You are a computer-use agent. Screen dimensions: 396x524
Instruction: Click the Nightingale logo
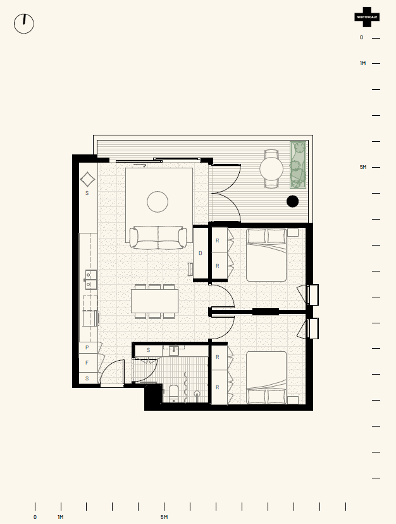pyautogui.click(x=367, y=17)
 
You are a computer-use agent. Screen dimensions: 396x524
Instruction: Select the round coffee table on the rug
pyautogui.click(x=158, y=201)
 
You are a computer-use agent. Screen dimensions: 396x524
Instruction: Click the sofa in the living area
pyautogui.click(x=158, y=237)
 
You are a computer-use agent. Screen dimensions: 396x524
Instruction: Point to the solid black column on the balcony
pyautogui.click(x=292, y=201)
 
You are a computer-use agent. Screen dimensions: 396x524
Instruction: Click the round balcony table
pyautogui.click(x=271, y=169)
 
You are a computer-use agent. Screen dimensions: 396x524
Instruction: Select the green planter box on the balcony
pyautogui.click(x=298, y=165)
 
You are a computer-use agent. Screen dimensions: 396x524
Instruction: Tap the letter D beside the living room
pyautogui.click(x=201, y=253)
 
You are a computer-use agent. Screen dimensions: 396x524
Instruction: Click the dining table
pyautogui.click(x=154, y=301)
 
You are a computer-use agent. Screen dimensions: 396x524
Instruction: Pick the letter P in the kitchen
pyautogui.click(x=87, y=347)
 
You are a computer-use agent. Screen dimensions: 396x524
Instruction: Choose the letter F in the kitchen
pyautogui.click(x=87, y=363)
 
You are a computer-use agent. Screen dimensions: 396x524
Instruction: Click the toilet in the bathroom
pyautogui.click(x=174, y=394)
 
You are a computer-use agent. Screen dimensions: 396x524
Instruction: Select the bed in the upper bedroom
pyautogui.click(x=266, y=254)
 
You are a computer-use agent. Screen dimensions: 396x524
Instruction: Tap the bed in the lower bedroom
pyautogui.click(x=266, y=378)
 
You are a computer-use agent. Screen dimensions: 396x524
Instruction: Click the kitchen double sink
pyautogui.click(x=91, y=279)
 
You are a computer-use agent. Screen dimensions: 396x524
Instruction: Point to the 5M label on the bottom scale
pyautogui.click(x=164, y=517)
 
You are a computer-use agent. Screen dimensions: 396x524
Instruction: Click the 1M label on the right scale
pyautogui.click(x=363, y=63)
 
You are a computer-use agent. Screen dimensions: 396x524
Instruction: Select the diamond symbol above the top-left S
pyautogui.click(x=87, y=179)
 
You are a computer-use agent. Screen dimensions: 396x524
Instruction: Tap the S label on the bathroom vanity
pyautogui.click(x=149, y=350)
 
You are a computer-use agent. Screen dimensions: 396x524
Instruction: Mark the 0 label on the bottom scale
pyautogui.click(x=35, y=517)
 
